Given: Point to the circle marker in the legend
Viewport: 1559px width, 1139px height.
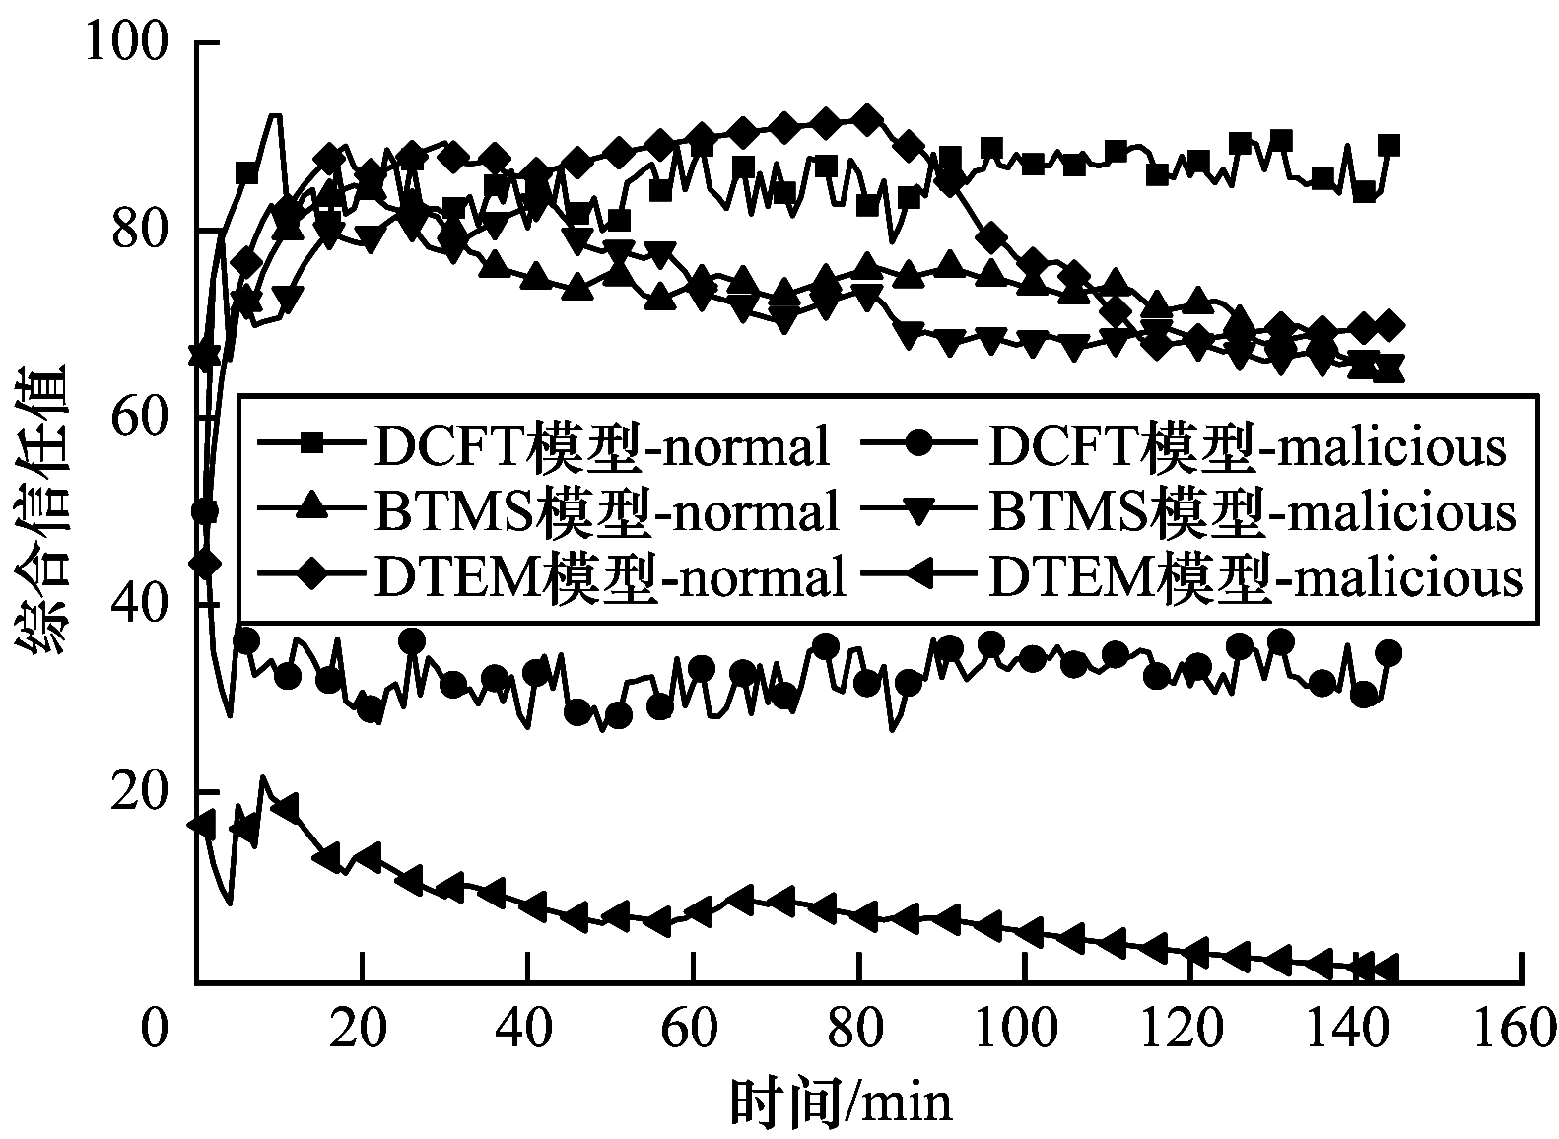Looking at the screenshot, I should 922,445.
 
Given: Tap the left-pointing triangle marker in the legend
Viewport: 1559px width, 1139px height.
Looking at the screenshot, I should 920,575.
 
